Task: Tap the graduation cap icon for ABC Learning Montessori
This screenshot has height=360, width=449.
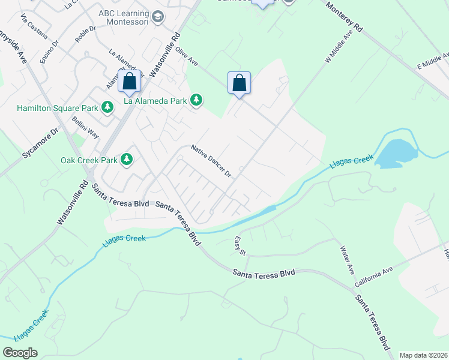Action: pos(158,16)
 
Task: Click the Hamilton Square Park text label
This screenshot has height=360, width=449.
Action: pos(58,109)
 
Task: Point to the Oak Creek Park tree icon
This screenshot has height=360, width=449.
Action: pos(127,160)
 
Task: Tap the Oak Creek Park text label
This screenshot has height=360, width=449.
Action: pos(89,161)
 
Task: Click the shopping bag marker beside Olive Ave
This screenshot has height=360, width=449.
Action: pos(239,83)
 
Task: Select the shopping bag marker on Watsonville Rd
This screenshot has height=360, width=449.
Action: pos(129,82)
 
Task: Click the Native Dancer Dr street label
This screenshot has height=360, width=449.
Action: pos(211,160)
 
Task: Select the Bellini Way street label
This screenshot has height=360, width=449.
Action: pos(85,124)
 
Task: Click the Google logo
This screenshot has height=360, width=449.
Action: pos(20,353)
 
